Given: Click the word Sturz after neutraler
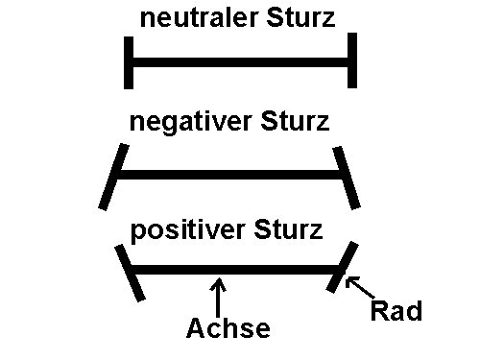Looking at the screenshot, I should click(301, 18).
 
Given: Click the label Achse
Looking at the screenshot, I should click(228, 329).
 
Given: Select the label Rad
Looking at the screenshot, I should click(396, 312).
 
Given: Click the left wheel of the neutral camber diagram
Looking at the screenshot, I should click(128, 62).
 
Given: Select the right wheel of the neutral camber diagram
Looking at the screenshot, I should click(352, 60).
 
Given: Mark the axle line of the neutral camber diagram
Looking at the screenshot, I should click(240, 64).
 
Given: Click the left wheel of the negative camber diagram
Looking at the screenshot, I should click(113, 177).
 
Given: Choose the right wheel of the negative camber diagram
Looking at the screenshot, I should click(348, 177).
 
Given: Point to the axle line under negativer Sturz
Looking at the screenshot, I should click(230, 177).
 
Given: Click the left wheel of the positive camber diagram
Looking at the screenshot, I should click(131, 273).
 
